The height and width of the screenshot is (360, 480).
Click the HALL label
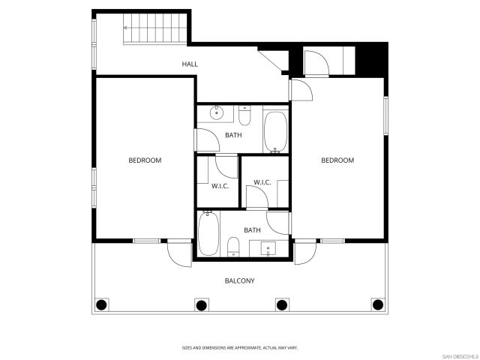190,64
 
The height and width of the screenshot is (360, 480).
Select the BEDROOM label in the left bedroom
145,160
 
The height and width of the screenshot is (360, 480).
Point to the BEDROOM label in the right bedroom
337,160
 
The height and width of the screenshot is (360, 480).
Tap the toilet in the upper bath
244,117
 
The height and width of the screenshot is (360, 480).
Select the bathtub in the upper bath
274,131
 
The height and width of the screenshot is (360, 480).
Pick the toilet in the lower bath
233,246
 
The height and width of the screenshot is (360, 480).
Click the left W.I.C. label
219,186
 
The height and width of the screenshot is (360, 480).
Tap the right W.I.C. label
262,182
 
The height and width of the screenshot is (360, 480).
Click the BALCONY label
240,280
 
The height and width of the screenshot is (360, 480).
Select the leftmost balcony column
102,304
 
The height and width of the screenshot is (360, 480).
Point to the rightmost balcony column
378,304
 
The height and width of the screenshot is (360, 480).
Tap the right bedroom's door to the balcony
304,253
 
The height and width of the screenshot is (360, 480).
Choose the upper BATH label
233,135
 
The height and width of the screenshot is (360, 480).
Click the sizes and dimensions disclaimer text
240,347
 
